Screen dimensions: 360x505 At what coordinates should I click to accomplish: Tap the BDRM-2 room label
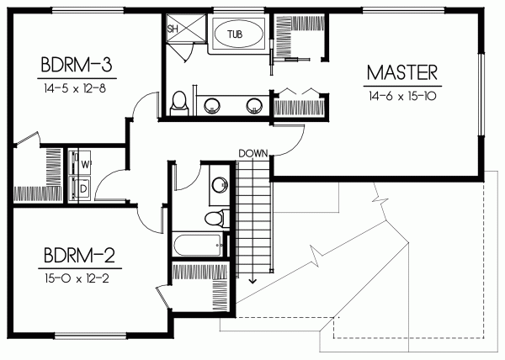tap(74, 253)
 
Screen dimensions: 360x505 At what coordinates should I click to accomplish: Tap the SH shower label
tap(174, 29)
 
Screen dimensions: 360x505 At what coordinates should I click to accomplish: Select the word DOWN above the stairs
tap(252, 153)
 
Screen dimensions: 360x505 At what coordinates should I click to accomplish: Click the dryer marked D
tap(85, 188)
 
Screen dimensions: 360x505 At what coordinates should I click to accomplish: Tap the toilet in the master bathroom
tap(178, 103)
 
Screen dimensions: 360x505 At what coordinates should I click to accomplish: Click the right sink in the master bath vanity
tap(252, 106)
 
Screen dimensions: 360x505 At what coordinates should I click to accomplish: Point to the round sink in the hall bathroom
tap(221, 184)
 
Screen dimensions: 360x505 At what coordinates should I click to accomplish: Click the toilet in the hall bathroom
tap(215, 219)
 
